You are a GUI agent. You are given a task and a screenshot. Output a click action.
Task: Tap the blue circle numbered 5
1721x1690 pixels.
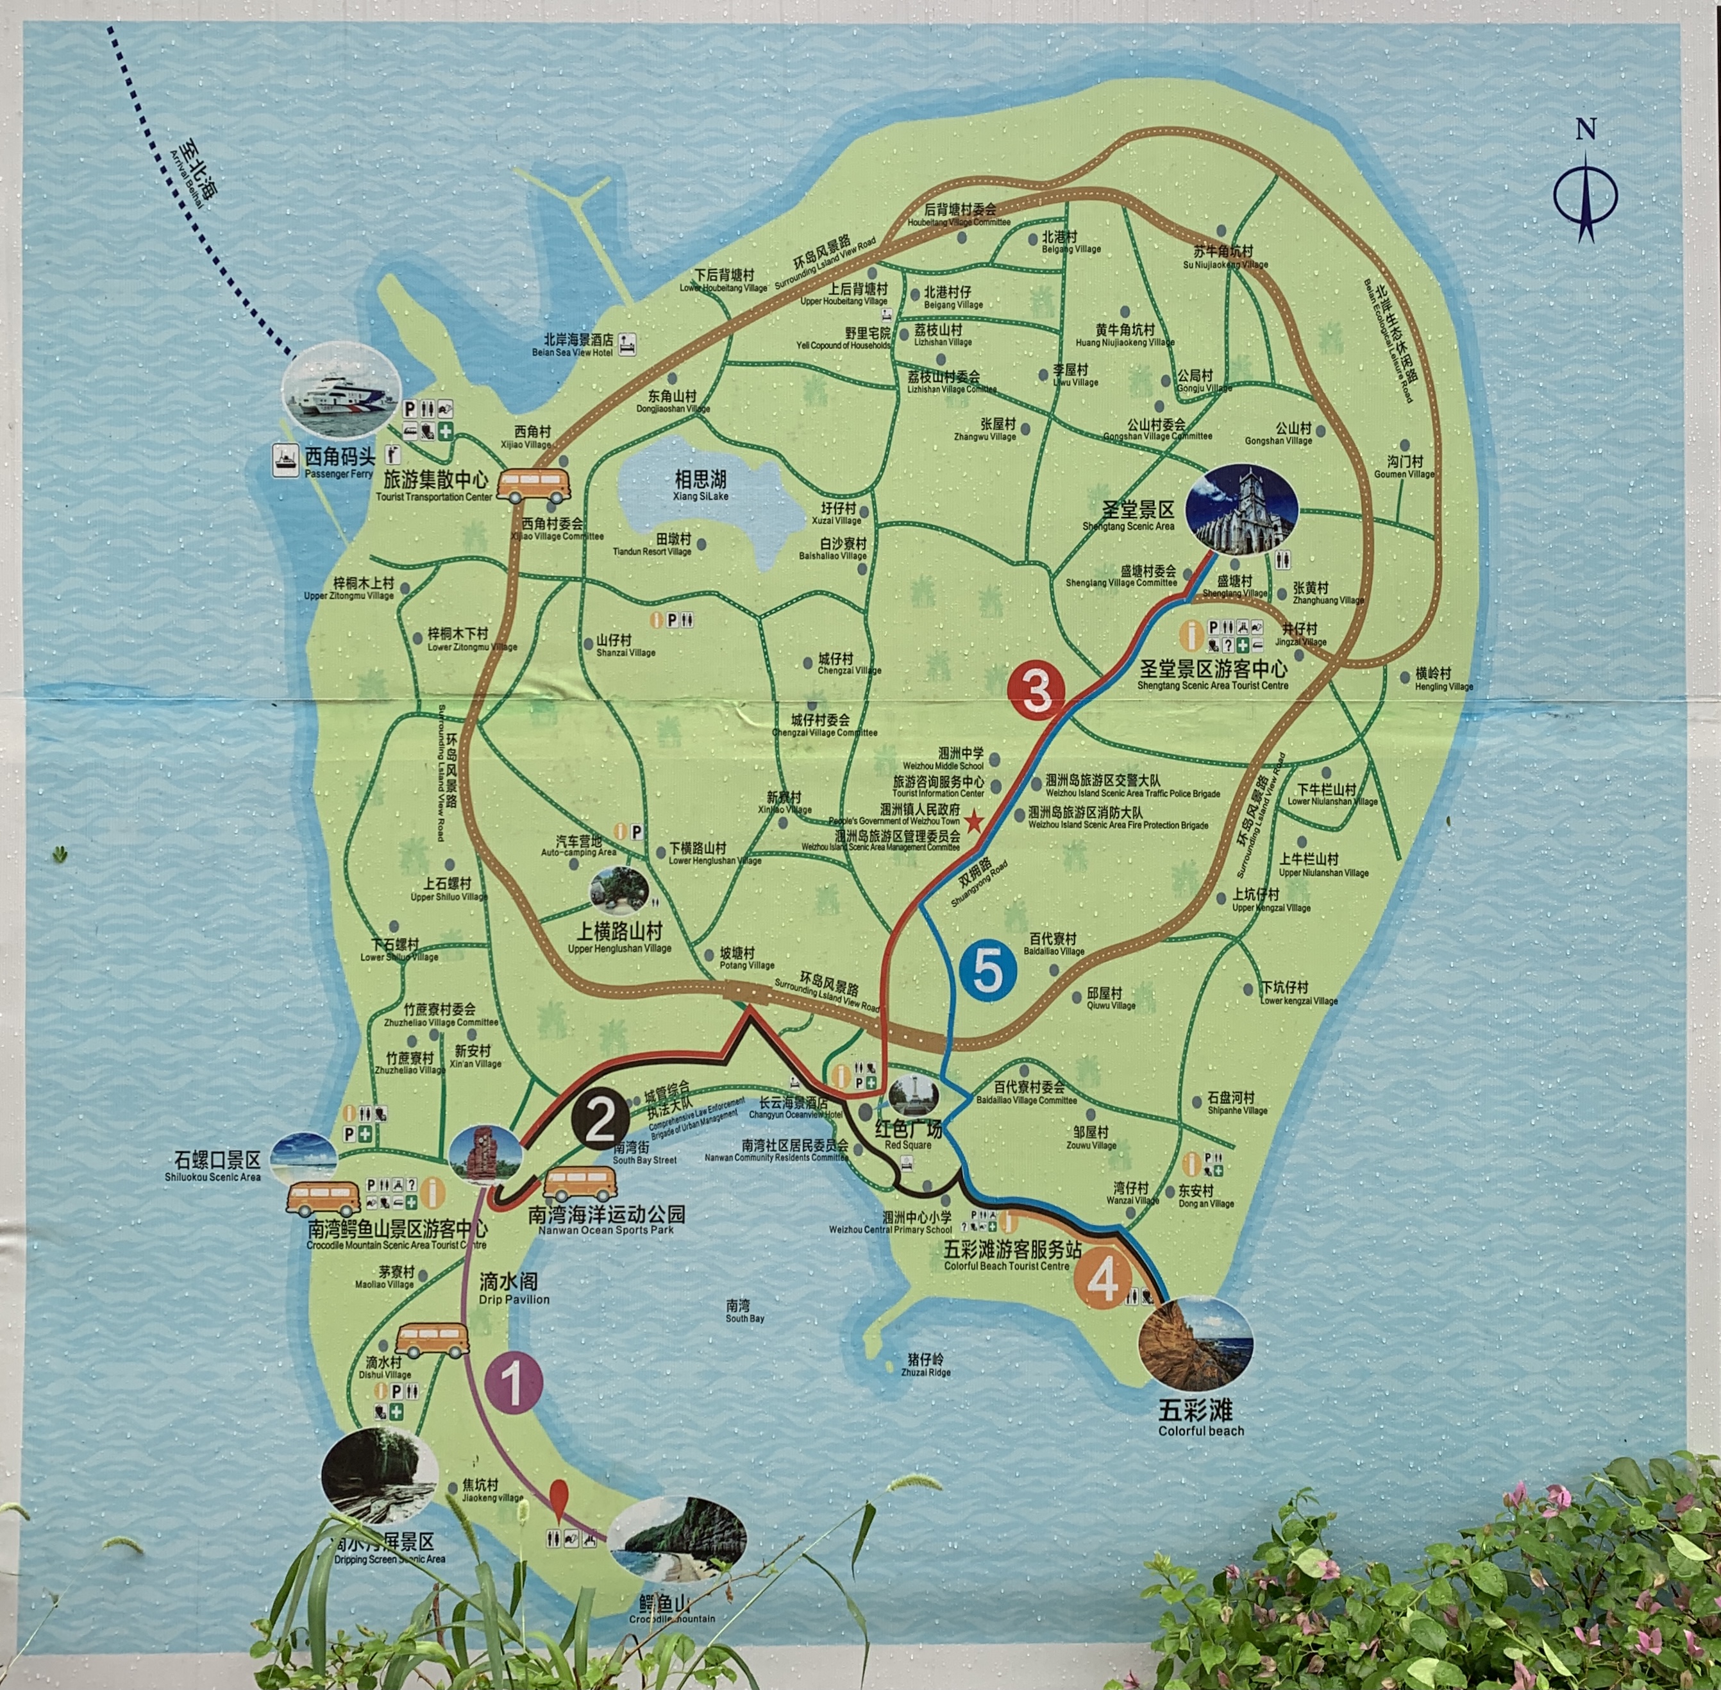pyautogui.click(x=987, y=971)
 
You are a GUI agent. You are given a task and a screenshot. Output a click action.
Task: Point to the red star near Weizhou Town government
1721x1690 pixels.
pyautogui.click(x=973, y=823)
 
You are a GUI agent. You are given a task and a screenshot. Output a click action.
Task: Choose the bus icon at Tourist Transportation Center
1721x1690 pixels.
pyautogui.click(x=533, y=485)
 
